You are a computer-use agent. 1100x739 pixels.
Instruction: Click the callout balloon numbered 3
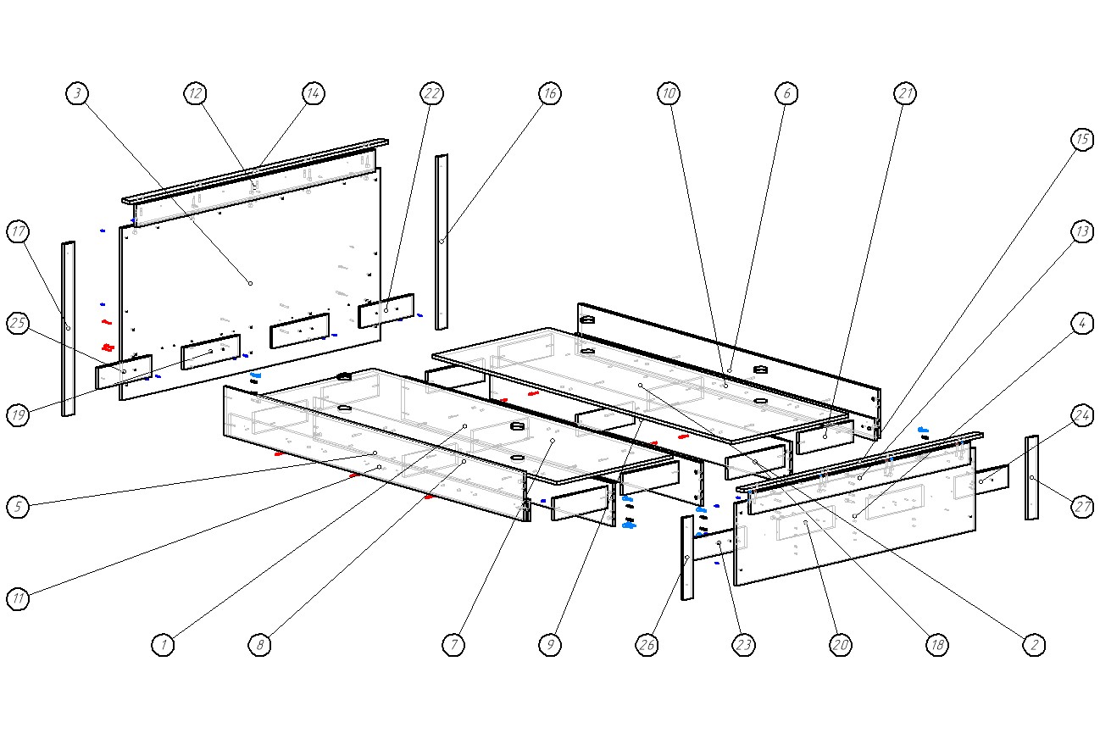[x=77, y=93]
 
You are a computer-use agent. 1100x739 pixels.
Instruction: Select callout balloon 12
[x=196, y=93]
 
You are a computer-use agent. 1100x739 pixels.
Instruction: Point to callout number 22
[x=431, y=93]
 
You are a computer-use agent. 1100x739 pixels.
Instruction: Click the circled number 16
[x=549, y=93]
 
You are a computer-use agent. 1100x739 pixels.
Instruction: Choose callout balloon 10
[x=669, y=93]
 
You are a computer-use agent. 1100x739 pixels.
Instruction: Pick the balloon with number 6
[x=786, y=93]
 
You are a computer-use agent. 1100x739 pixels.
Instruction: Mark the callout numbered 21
[x=905, y=93]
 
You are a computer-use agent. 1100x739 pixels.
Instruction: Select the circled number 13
[x=1081, y=232]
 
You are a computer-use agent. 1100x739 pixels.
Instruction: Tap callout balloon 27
[x=1081, y=507]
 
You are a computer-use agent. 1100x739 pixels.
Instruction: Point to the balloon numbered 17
[x=19, y=231]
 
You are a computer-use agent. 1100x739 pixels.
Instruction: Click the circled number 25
[x=19, y=323]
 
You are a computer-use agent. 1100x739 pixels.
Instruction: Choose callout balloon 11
[x=19, y=598]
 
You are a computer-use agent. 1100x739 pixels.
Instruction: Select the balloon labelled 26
[x=647, y=645]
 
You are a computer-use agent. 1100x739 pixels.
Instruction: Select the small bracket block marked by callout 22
[x=386, y=311]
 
